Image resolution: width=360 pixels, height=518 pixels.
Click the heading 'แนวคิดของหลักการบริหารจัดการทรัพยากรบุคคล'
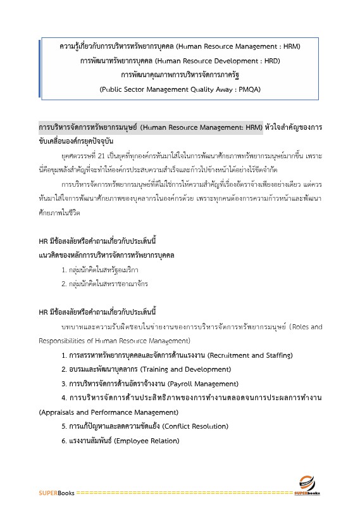tap(106, 255)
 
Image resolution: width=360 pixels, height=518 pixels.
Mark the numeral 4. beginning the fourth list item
tap(64, 398)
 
